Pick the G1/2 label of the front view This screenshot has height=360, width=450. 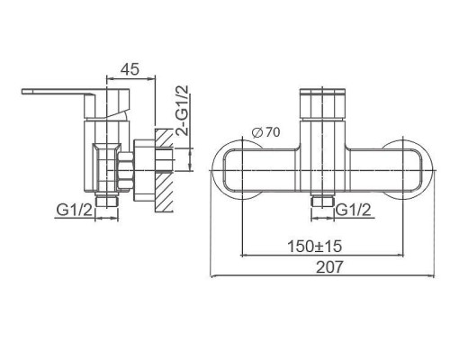coord(355,211)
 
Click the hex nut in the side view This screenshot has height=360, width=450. coord(126,168)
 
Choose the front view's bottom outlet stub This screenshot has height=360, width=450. coord(319,203)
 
